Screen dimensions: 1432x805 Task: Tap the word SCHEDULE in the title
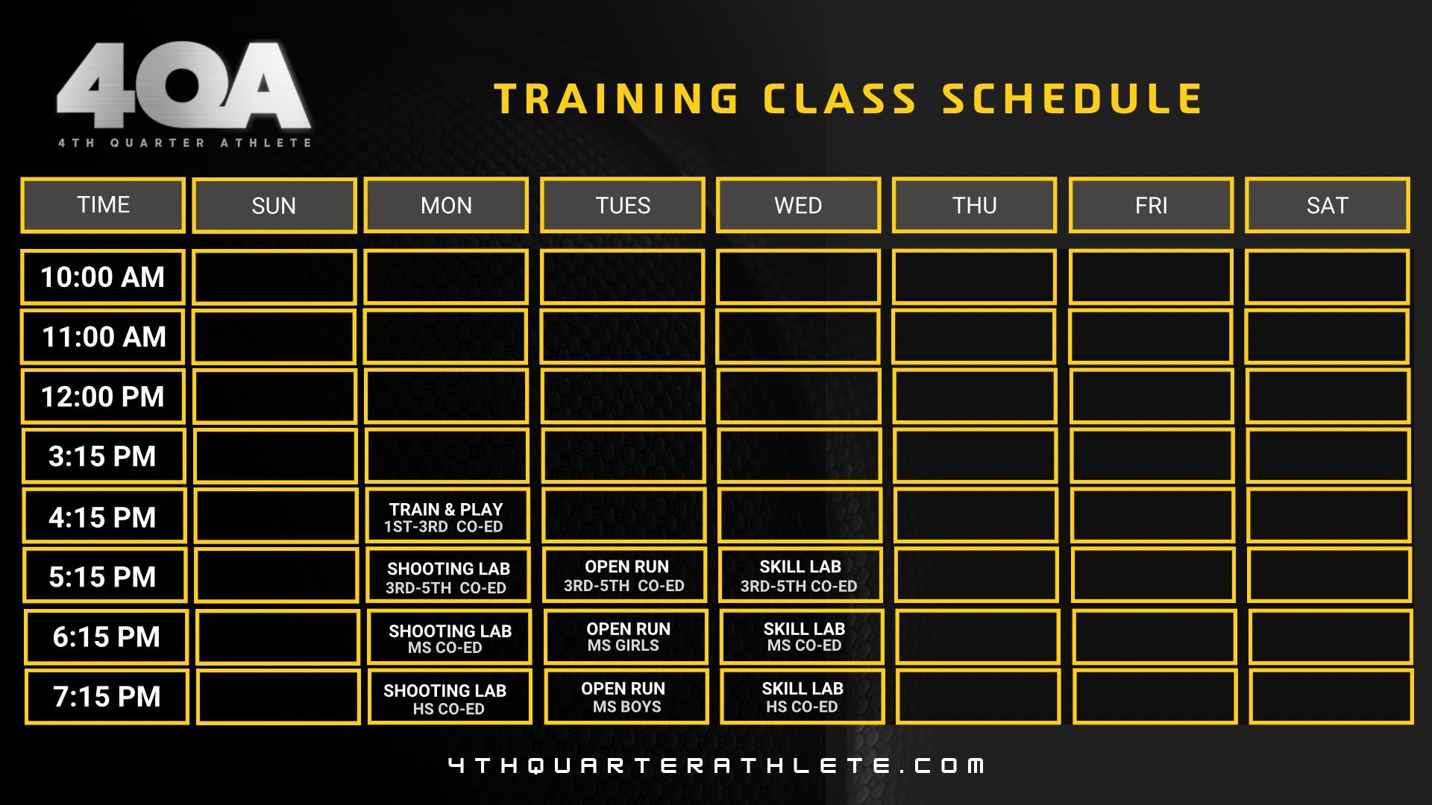(1073, 98)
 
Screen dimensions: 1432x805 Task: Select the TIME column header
(103, 205)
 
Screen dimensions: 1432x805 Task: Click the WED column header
(798, 205)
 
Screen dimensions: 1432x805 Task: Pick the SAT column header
(1328, 205)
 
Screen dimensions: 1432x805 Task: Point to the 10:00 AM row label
(103, 277)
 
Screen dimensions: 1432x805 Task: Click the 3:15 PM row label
(104, 456)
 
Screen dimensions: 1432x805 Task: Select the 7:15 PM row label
(107, 697)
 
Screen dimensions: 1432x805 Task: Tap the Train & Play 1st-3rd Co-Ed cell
(447, 517)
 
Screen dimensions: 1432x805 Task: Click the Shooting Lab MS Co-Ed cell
(449, 637)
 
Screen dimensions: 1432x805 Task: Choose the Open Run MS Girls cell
(626, 637)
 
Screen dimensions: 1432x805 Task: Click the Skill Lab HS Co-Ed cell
(803, 697)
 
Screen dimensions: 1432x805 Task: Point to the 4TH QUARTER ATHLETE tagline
(185, 142)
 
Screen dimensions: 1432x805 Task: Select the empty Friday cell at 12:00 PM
(1152, 397)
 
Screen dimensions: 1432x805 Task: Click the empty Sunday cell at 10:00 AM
(274, 277)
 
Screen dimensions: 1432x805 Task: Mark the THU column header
(975, 205)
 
